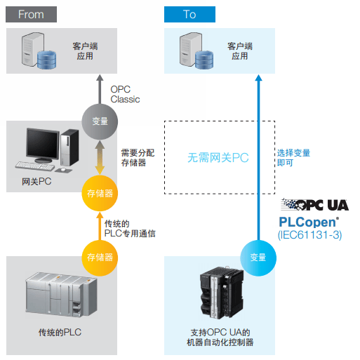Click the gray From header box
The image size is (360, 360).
point(31,14)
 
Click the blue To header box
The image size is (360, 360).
point(189,14)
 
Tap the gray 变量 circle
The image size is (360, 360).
point(100,121)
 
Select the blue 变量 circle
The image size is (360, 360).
point(258,258)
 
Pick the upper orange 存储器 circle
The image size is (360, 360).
point(100,193)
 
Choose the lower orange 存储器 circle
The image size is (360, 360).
point(100,258)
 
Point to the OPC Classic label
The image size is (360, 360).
point(125,94)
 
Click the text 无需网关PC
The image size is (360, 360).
point(218,157)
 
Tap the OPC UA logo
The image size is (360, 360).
point(315,205)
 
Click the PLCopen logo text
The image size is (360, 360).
point(309,222)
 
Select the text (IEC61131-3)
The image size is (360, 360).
point(310,235)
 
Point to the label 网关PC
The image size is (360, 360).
point(36,182)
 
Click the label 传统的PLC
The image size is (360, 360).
point(60,332)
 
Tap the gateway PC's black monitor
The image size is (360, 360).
point(43,145)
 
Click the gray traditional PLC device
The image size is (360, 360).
point(61,294)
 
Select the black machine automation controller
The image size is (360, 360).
point(222,293)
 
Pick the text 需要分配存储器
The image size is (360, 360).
point(138,158)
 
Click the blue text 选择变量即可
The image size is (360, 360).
point(294,158)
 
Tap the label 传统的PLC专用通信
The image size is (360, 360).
point(130,229)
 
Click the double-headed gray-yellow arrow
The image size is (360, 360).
point(100,158)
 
